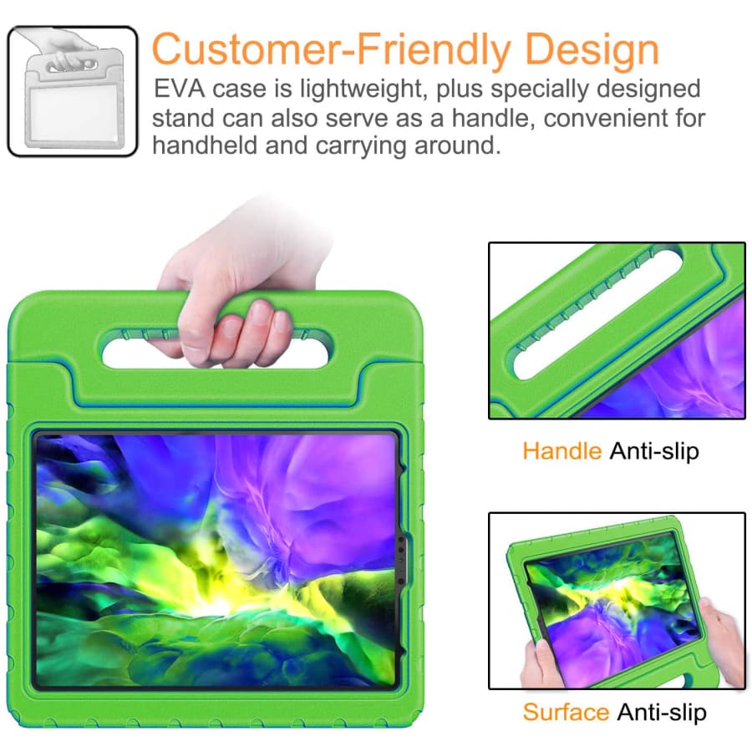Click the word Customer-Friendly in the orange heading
(x=331, y=49)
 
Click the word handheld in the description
(x=206, y=145)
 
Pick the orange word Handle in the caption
(x=562, y=451)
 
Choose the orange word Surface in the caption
(x=566, y=712)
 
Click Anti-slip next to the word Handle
(x=654, y=452)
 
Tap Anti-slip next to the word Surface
(x=662, y=713)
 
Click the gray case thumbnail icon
(x=73, y=92)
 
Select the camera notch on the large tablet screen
(x=401, y=559)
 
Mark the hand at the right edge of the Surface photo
(x=722, y=638)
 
